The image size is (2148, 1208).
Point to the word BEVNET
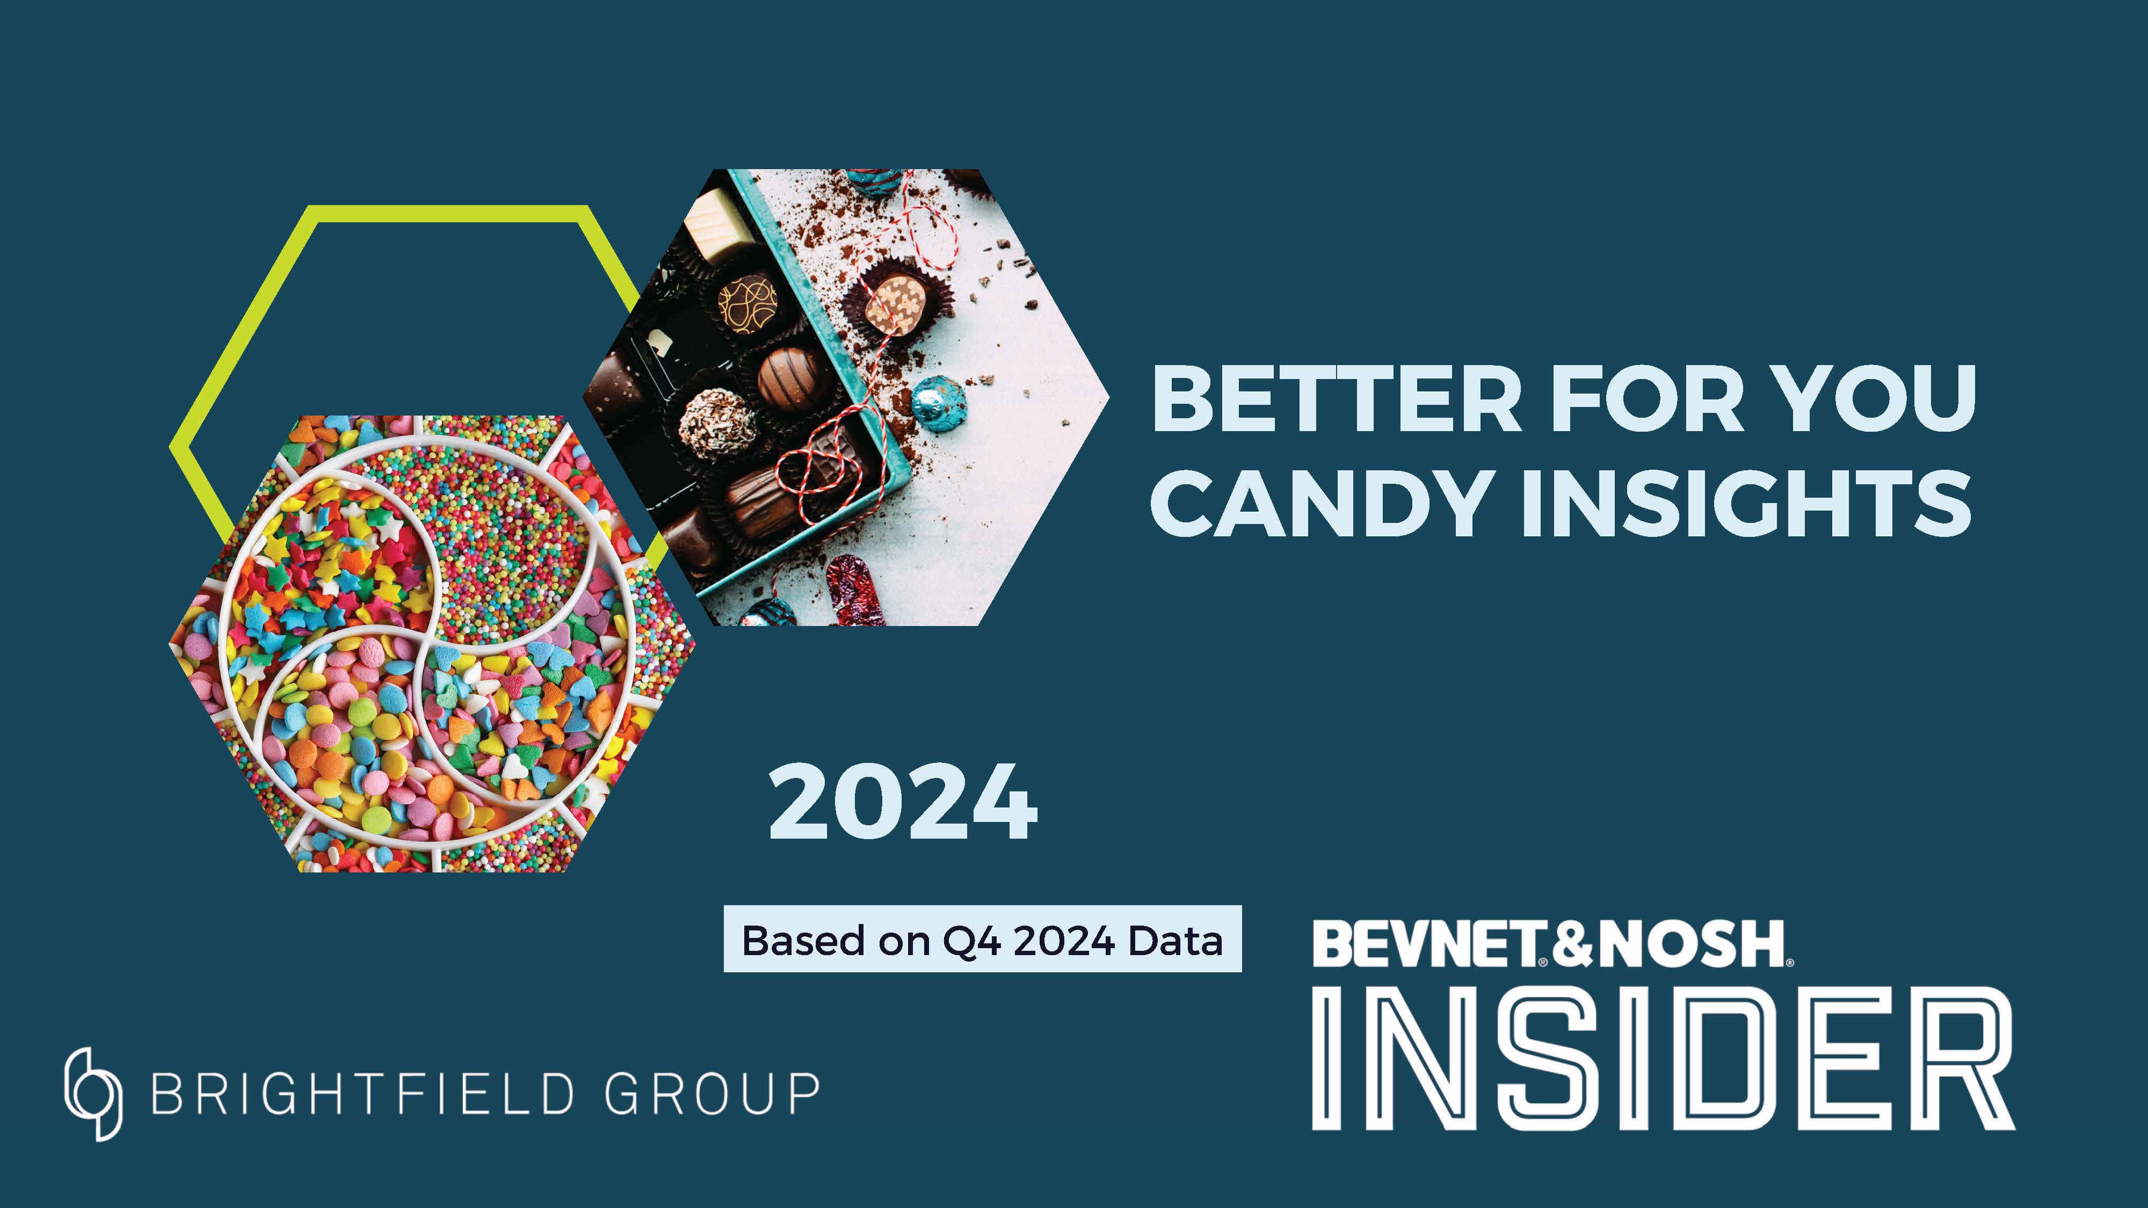(x=1427, y=944)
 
